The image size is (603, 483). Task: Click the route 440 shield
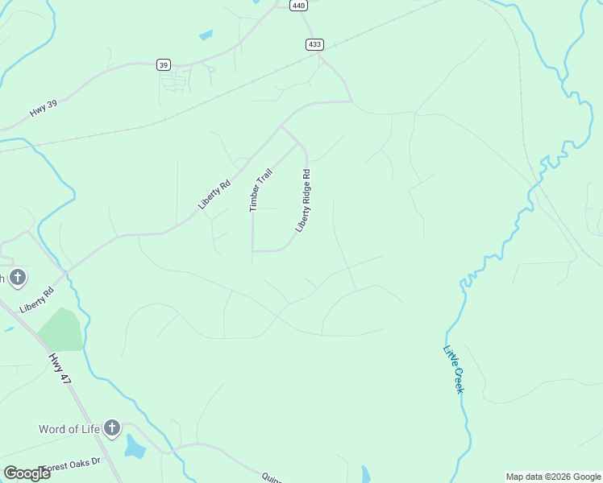(x=298, y=5)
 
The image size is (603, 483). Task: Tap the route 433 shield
(x=315, y=44)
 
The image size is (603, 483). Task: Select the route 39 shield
(x=164, y=64)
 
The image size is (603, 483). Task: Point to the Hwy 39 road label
(x=44, y=107)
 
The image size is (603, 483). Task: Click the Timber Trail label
(x=261, y=190)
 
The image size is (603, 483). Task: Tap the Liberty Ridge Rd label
(x=303, y=200)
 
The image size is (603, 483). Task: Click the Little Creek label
(x=454, y=369)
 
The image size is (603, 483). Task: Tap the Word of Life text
(x=69, y=428)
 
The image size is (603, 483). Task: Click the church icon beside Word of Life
(x=112, y=428)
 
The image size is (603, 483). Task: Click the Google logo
(x=26, y=473)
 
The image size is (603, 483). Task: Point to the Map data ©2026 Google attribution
(x=554, y=477)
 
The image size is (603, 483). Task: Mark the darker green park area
(x=60, y=329)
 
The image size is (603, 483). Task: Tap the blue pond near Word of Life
(x=135, y=447)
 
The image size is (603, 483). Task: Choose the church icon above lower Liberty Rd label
(x=18, y=279)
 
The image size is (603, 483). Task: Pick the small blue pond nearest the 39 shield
(x=206, y=35)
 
